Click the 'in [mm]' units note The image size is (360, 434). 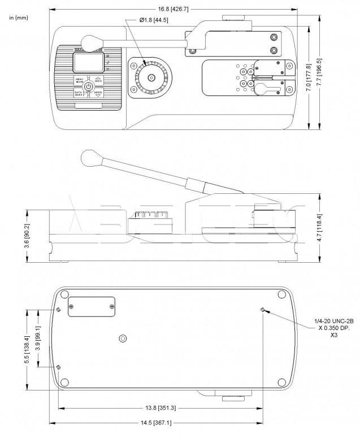(x=19, y=18)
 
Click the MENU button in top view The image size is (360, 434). (x=80, y=80)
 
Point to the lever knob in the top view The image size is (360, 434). (x=91, y=41)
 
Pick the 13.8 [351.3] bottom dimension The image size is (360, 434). (x=161, y=407)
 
